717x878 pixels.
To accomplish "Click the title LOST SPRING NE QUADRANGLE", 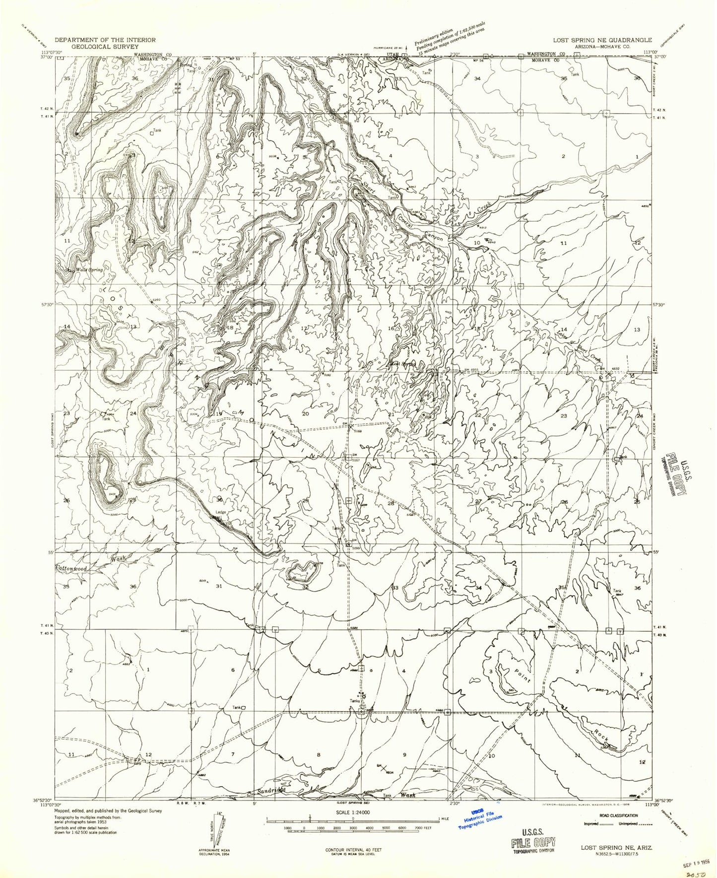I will pyautogui.click(x=599, y=40).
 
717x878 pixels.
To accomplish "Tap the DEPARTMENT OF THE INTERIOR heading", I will pyautogui.click(x=105, y=40).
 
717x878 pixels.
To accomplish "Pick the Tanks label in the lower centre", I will pyautogui.click(x=355, y=701).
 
